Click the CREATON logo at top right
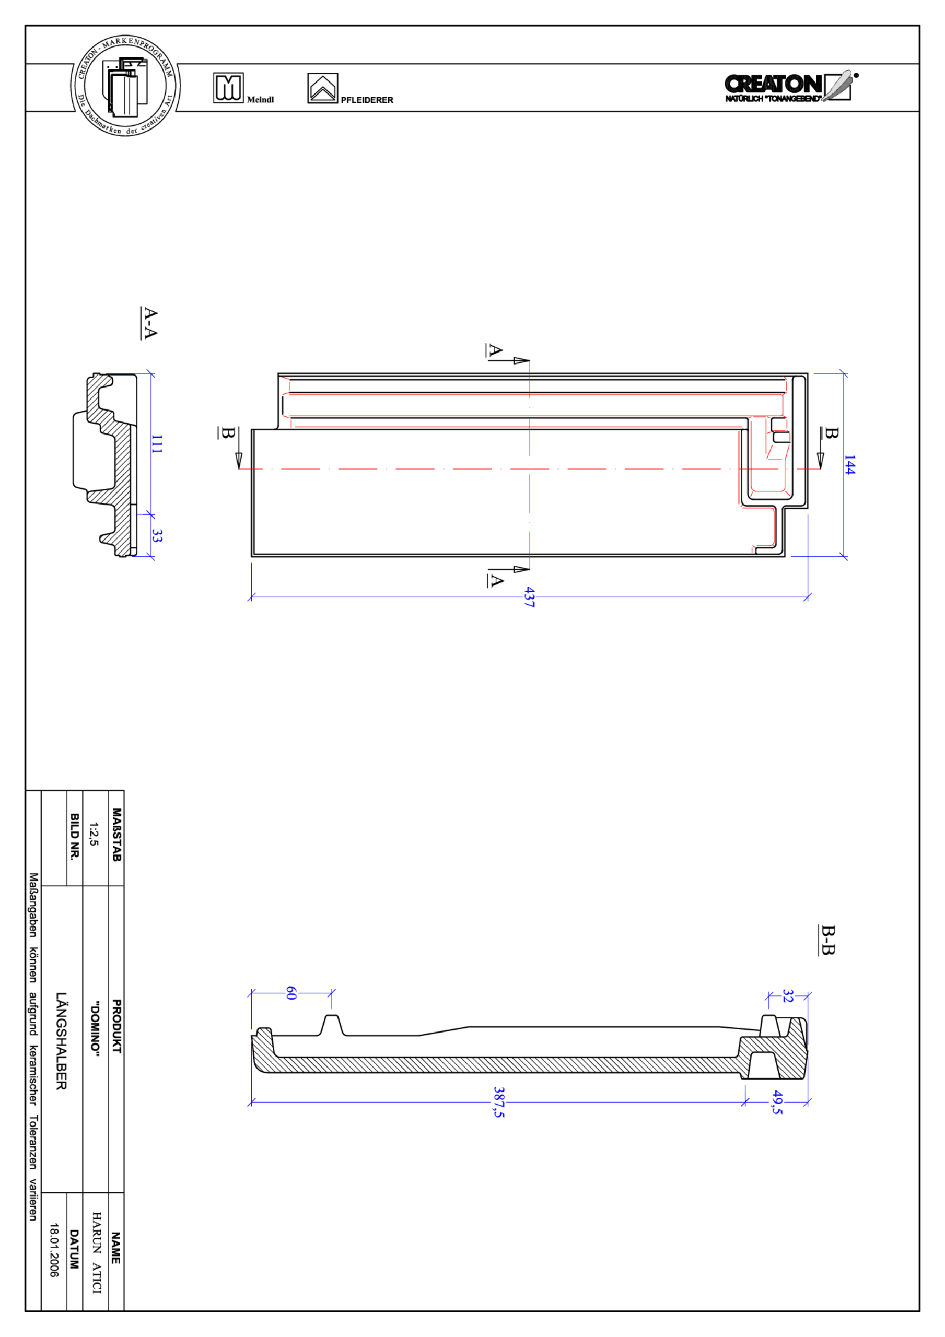tap(789, 87)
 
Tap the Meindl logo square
tap(228, 88)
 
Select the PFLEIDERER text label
tap(367, 100)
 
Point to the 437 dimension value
tap(529, 597)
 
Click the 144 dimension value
tap(849, 465)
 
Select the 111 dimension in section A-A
tap(157, 444)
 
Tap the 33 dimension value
tap(157, 536)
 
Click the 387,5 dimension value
tap(499, 1102)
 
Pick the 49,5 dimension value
tap(777, 1103)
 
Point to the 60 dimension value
tap(291, 993)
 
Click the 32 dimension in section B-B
tap(788, 996)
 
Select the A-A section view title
tap(150, 323)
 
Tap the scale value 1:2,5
tap(94, 834)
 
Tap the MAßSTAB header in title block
tap(116, 835)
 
